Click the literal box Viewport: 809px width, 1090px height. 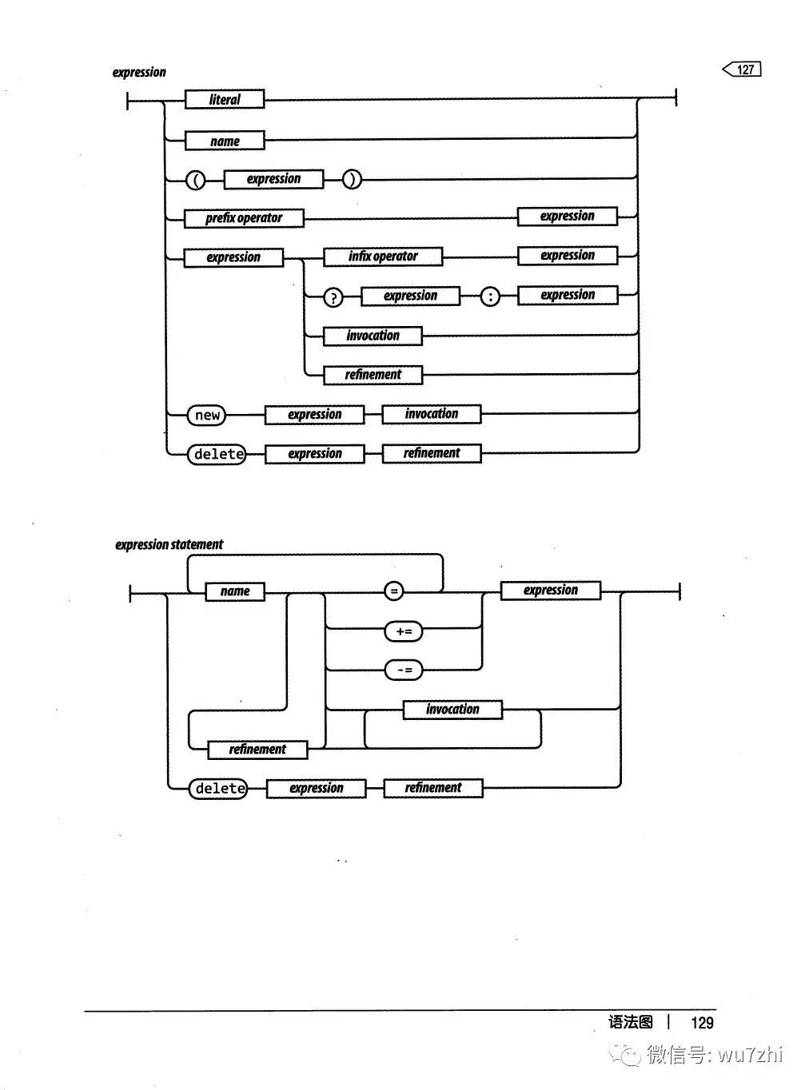click(224, 100)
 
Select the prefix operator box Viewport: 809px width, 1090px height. click(244, 218)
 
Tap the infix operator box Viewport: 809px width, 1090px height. click(383, 257)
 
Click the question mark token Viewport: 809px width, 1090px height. click(333, 297)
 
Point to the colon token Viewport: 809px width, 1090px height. click(490, 297)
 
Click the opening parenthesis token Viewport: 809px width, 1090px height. click(195, 180)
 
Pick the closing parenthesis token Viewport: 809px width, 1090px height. click(352, 180)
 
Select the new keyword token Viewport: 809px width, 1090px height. click(207, 415)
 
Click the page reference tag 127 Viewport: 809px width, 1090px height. click(743, 70)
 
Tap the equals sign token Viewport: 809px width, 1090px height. click(393, 591)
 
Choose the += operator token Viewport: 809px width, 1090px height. click(404, 631)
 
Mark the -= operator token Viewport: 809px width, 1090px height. click(404, 670)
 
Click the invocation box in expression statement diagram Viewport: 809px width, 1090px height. click(452, 710)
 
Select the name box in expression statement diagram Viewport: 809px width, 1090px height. click(235, 591)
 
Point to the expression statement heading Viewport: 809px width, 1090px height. click(169, 545)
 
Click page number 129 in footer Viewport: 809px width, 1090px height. click(702, 1022)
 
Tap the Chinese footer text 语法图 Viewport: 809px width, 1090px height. click(631, 1022)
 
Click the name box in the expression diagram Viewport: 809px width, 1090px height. click(225, 141)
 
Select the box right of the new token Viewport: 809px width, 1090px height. click(314, 415)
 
